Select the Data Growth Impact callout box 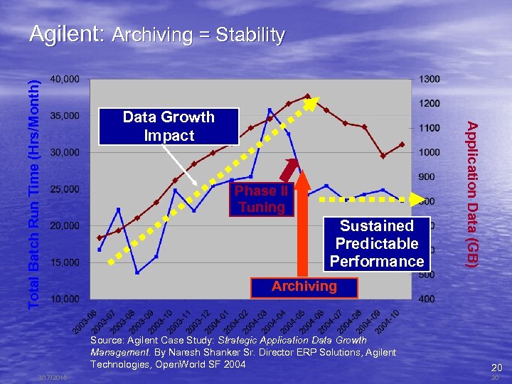[169, 126]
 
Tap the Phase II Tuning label [261, 199]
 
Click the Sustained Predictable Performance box [377, 243]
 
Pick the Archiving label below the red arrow [304, 286]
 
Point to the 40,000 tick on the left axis [65, 78]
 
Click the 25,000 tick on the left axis [65, 189]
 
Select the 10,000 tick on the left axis [65, 299]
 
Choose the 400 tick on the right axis [427, 299]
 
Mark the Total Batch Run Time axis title [33, 192]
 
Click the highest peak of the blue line [270, 110]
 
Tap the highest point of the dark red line [307, 96]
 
